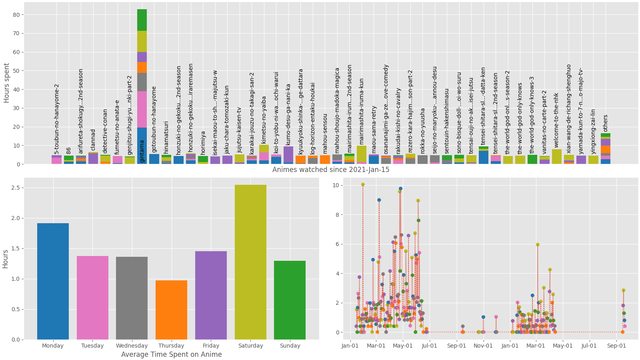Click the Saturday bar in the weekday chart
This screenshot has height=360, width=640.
250,262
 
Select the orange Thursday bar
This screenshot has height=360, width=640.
171,310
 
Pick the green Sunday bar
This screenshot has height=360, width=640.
290,300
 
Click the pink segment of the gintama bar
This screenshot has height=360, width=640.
142,109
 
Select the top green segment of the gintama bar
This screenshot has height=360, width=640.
142,20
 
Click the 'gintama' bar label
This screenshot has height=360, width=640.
142,151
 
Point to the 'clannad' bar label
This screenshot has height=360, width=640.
93,140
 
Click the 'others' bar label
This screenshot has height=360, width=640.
605,123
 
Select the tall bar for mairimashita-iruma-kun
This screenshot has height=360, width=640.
362,154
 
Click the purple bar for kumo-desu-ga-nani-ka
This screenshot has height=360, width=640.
288,155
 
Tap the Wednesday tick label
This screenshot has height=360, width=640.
132,346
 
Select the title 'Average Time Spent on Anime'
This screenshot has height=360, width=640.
171,354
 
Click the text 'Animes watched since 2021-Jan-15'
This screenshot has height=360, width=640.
331,170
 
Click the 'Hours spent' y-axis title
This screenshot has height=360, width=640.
6,83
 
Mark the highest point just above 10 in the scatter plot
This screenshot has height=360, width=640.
363,184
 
